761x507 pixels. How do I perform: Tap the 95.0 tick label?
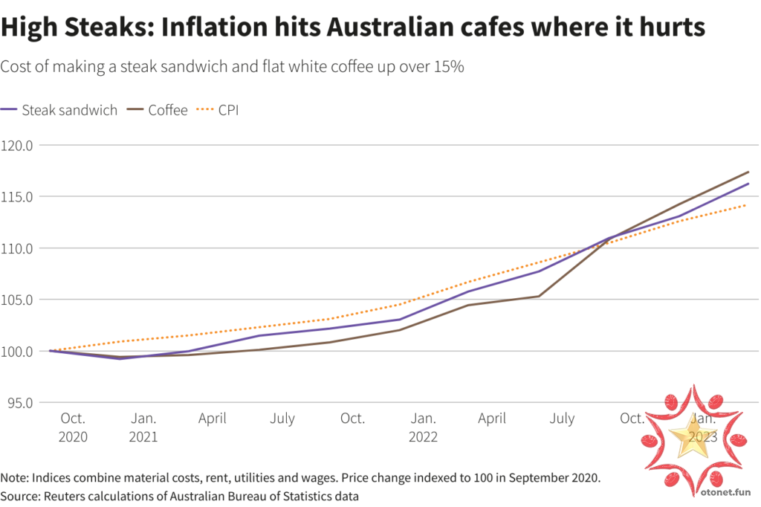20,402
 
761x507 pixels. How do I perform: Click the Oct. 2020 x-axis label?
73,427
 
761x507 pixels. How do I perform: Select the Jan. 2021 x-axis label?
143,427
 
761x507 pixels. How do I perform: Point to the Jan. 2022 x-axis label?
423,427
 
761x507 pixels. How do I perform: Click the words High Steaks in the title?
72,28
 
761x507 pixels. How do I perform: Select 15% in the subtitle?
449,67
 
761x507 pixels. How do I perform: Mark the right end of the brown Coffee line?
748,172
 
